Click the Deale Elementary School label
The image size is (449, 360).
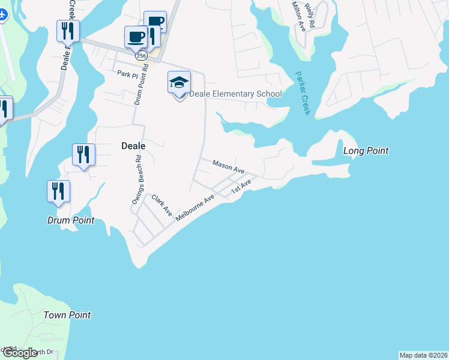235,94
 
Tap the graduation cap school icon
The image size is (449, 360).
179,82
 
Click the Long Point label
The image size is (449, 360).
366,151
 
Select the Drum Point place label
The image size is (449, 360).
71,220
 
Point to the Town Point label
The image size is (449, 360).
67,315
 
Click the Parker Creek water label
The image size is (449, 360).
303,94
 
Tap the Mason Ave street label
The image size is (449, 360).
228,166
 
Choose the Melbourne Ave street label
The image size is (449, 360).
195,207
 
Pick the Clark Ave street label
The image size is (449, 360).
161,205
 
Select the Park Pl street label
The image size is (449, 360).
127,74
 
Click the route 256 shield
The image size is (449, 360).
141,55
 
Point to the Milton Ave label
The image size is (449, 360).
298,16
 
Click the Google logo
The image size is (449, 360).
20,353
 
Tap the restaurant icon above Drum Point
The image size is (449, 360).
59,191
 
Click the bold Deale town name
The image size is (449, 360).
134,145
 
